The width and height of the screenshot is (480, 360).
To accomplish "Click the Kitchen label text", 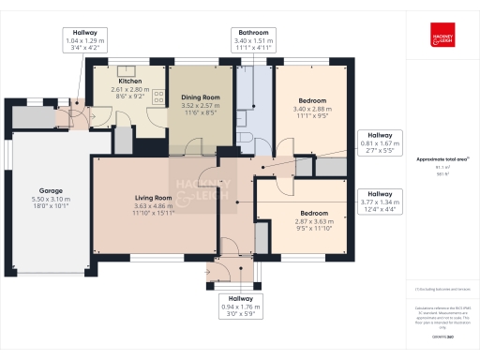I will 129,82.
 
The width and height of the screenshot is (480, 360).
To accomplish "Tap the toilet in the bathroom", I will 245,138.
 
